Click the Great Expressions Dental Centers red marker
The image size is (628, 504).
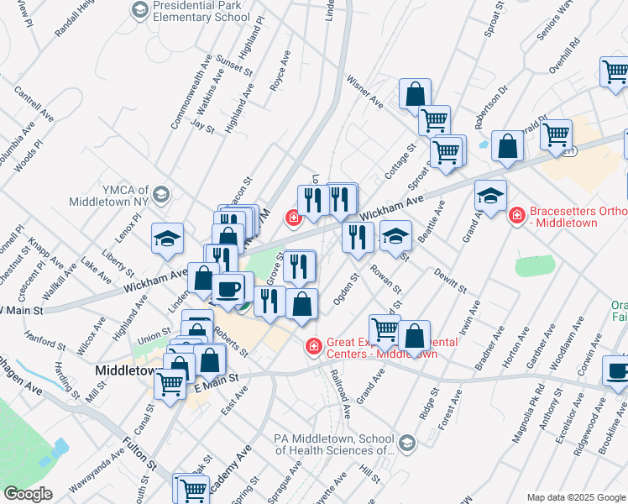pyautogui.click(x=313, y=345)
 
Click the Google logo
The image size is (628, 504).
pyautogui.click(x=28, y=493)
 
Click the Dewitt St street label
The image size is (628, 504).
pyautogui.click(x=450, y=280)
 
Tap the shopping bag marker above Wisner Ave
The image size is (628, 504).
pyautogui.click(x=415, y=95)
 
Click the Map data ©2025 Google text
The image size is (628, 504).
pyautogui.click(x=576, y=496)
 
